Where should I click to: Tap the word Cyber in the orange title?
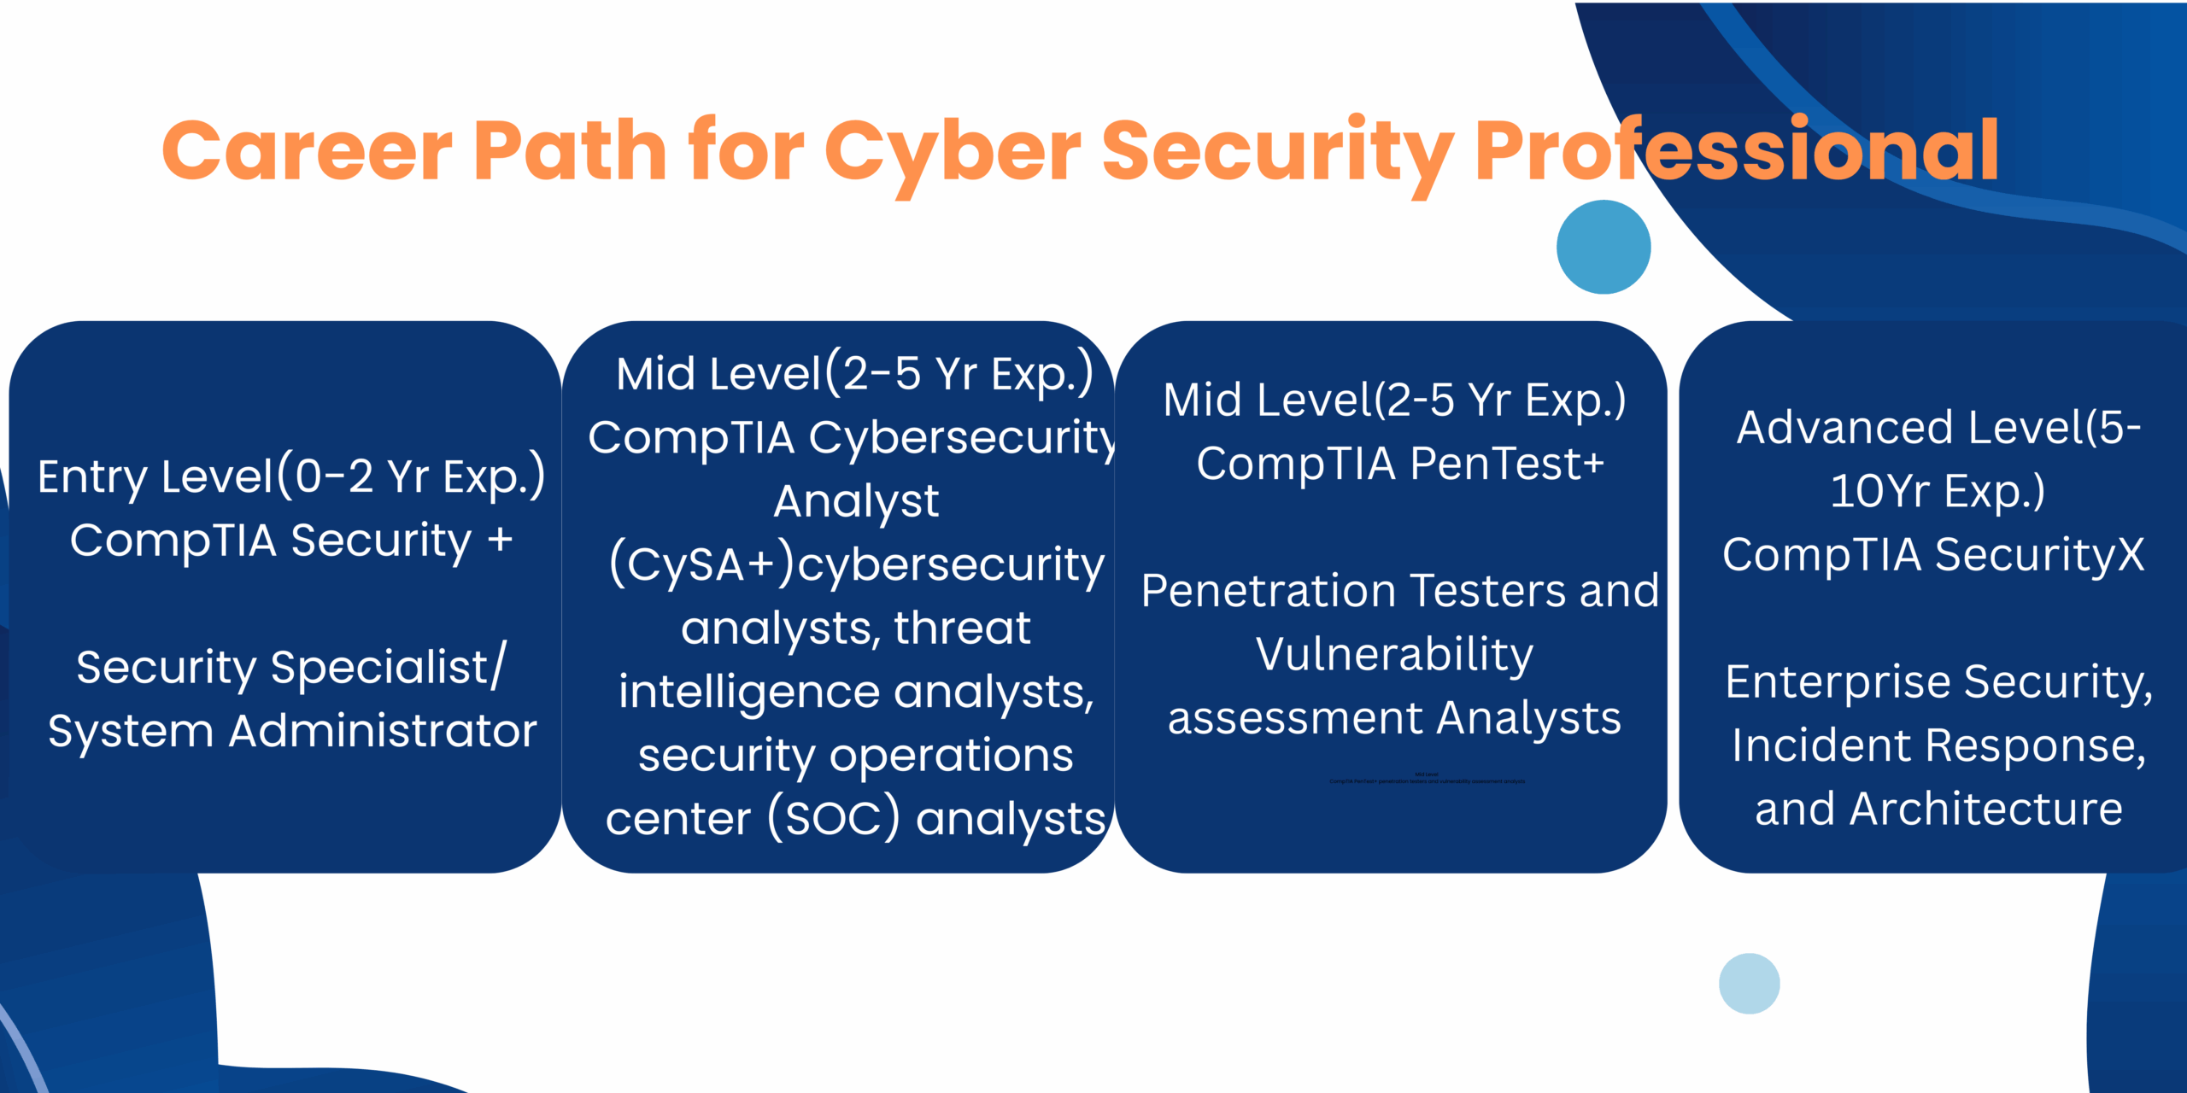point(952,151)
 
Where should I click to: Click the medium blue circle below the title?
point(1603,247)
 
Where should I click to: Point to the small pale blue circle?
point(1749,984)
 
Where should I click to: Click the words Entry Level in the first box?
point(155,476)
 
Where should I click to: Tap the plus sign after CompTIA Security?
point(500,540)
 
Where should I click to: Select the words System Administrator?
point(292,731)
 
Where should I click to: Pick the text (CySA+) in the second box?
point(701,564)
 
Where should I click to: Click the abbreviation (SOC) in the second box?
point(834,818)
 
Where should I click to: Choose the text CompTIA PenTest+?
point(1400,464)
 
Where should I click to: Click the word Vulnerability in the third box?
point(1394,655)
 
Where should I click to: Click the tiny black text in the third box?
point(1427,779)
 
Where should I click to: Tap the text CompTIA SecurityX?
point(1933,555)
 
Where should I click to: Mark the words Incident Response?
point(1938,745)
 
